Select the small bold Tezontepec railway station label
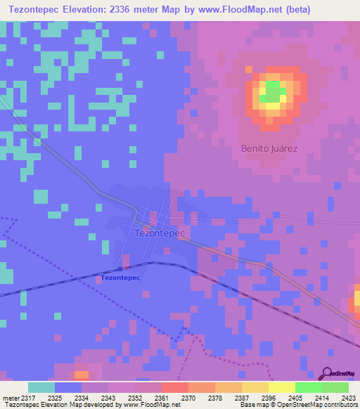click(121, 278)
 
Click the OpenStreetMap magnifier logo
click(326, 373)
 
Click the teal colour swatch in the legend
click(41, 387)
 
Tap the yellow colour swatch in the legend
click(281, 387)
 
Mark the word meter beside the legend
click(9, 397)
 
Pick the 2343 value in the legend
click(98, 397)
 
